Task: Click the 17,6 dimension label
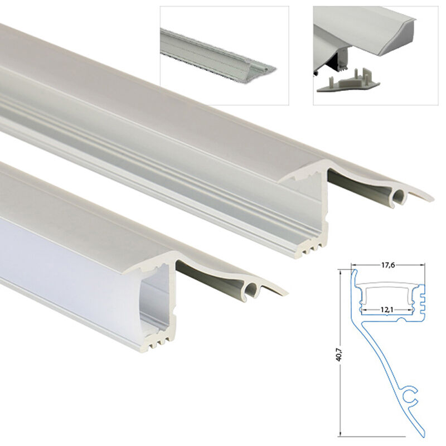(387, 265)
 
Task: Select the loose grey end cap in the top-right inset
(347, 83)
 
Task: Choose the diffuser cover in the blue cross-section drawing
(387, 287)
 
